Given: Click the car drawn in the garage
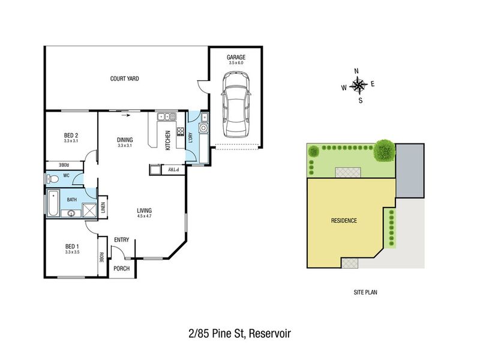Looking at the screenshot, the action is click(236, 104).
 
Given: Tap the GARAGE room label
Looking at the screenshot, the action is click(236, 57).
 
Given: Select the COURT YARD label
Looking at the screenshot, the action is click(125, 79).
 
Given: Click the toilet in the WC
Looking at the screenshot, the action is click(52, 179).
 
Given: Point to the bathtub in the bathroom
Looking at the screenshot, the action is click(53, 203).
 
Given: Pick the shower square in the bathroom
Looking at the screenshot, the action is click(89, 210).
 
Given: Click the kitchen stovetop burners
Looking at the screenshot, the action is click(181, 131).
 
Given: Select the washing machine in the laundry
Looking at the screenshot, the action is click(203, 127).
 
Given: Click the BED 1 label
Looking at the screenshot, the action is click(72, 247).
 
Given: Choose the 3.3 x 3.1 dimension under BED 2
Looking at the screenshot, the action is click(71, 141).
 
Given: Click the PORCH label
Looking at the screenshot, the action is click(122, 268).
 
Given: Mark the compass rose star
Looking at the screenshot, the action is click(358, 85).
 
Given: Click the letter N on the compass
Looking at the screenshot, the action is click(356, 71).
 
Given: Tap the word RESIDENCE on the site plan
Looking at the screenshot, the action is click(344, 220).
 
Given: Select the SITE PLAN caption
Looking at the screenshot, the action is click(365, 292).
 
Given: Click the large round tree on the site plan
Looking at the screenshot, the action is click(384, 151).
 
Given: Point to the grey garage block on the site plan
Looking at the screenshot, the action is click(410, 170).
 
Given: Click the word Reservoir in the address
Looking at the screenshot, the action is click(269, 334).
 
